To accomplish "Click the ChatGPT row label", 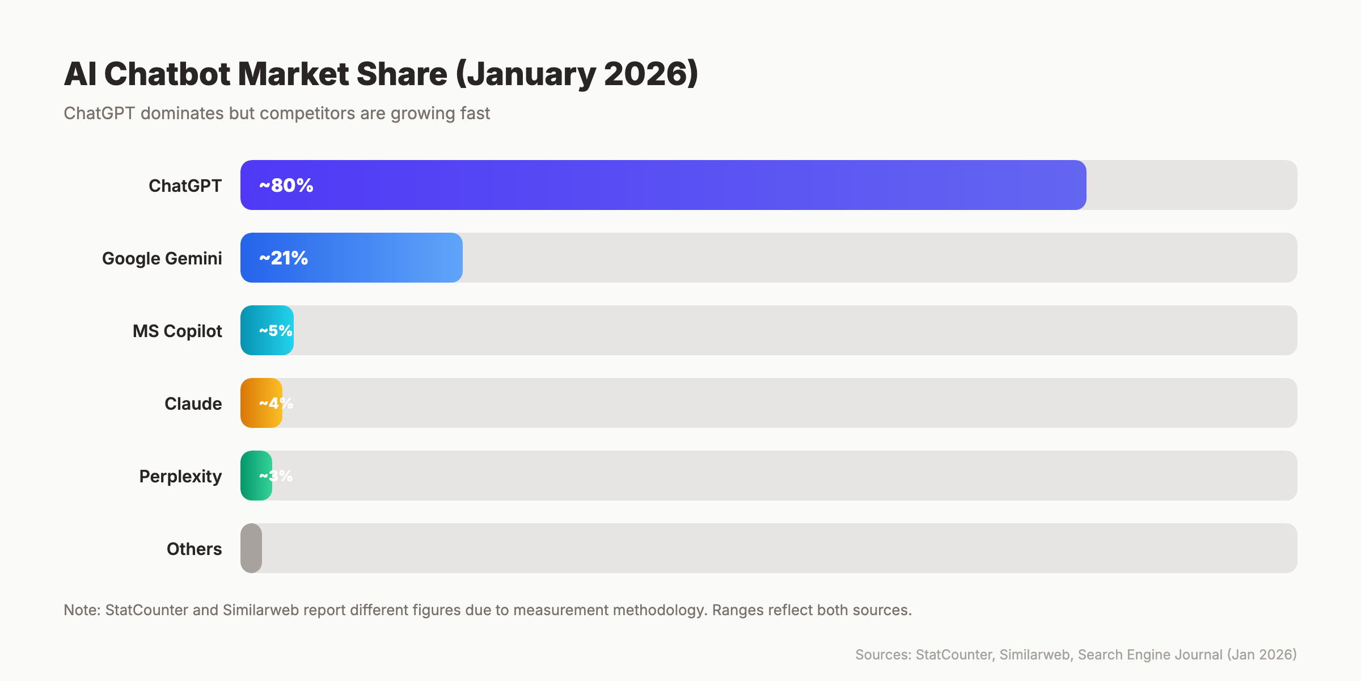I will coord(185,186).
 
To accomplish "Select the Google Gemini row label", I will coord(162,258).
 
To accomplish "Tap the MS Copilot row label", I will coord(177,331).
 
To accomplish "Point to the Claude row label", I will coord(193,403).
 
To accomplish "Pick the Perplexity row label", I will coord(180,476).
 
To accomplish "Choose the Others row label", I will coord(194,549).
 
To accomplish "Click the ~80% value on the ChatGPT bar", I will coord(286,186).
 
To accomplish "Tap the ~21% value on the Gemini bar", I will coord(284,258).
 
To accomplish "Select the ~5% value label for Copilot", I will coord(276,331).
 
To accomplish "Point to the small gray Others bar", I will coord(251,548).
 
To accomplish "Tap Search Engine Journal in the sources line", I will coord(1150,655).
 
